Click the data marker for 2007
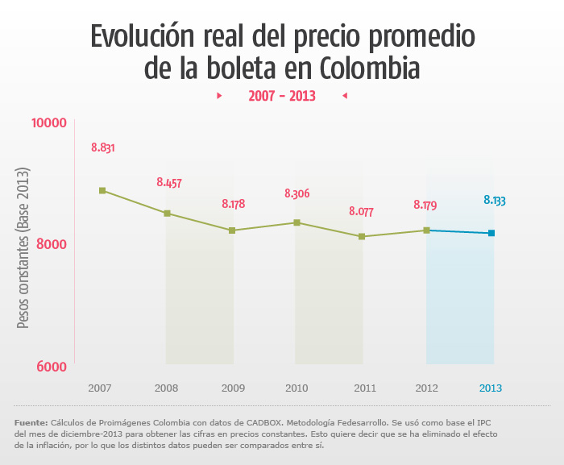[102, 190]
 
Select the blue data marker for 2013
[491, 234]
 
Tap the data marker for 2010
[297, 222]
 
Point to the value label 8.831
[102, 147]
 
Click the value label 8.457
[168, 183]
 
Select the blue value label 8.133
[494, 200]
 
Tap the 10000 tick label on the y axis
[48, 122]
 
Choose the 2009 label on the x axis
[233, 388]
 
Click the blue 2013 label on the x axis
[491, 388]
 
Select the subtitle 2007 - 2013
[281, 96]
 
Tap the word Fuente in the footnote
[31, 422]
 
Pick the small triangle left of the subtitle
[219, 96]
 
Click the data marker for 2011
[362, 236]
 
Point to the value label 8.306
[297, 193]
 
